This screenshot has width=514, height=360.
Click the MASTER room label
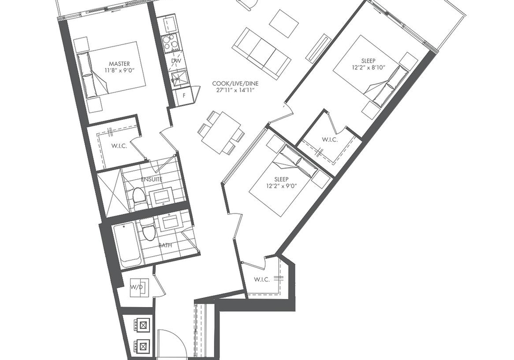click(x=119, y=64)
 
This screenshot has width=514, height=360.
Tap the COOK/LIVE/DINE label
click(x=235, y=83)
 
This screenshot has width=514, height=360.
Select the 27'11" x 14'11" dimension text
click(x=236, y=90)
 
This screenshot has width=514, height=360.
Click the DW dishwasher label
click(x=176, y=61)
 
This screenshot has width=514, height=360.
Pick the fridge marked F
click(x=184, y=96)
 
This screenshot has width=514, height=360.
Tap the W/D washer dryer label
click(x=137, y=287)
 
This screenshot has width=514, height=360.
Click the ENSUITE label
click(x=152, y=179)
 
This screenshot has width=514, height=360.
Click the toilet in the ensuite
click(x=138, y=198)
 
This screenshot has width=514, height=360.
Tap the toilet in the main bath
click(x=148, y=229)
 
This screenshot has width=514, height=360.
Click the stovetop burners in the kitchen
click(x=170, y=43)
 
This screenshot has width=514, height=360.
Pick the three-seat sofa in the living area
click(x=261, y=53)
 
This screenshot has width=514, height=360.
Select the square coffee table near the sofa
click(x=284, y=24)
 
